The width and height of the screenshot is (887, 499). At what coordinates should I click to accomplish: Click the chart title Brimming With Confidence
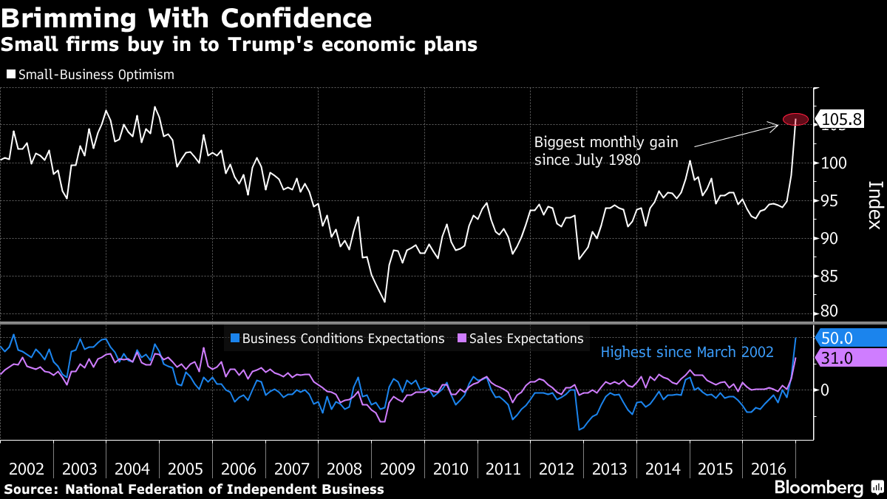point(186,17)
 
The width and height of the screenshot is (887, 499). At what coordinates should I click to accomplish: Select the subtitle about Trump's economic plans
point(239,45)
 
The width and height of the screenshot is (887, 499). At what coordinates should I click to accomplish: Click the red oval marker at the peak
point(795,119)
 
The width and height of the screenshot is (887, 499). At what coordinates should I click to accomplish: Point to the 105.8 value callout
point(841,119)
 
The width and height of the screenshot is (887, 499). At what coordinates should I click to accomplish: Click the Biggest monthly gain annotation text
point(605,149)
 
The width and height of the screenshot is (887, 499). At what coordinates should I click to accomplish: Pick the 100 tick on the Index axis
point(832,163)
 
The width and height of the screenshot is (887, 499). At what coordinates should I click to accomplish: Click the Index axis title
point(874,206)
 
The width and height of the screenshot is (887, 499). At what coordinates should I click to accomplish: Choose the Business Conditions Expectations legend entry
point(338,339)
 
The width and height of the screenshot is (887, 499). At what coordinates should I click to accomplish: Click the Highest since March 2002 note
point(687,352)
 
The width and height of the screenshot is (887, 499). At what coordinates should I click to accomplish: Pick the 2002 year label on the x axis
point(27,469)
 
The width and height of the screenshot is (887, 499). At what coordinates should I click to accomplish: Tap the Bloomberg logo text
point(818,487)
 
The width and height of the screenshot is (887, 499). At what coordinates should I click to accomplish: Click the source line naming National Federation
point(194,489)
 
